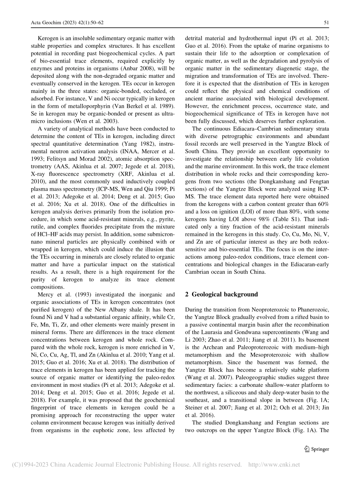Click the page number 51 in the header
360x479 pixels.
(x=326, y=23)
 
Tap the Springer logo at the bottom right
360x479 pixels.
(x=317, y=449)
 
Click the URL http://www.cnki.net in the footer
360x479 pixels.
(x=274, y=465)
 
